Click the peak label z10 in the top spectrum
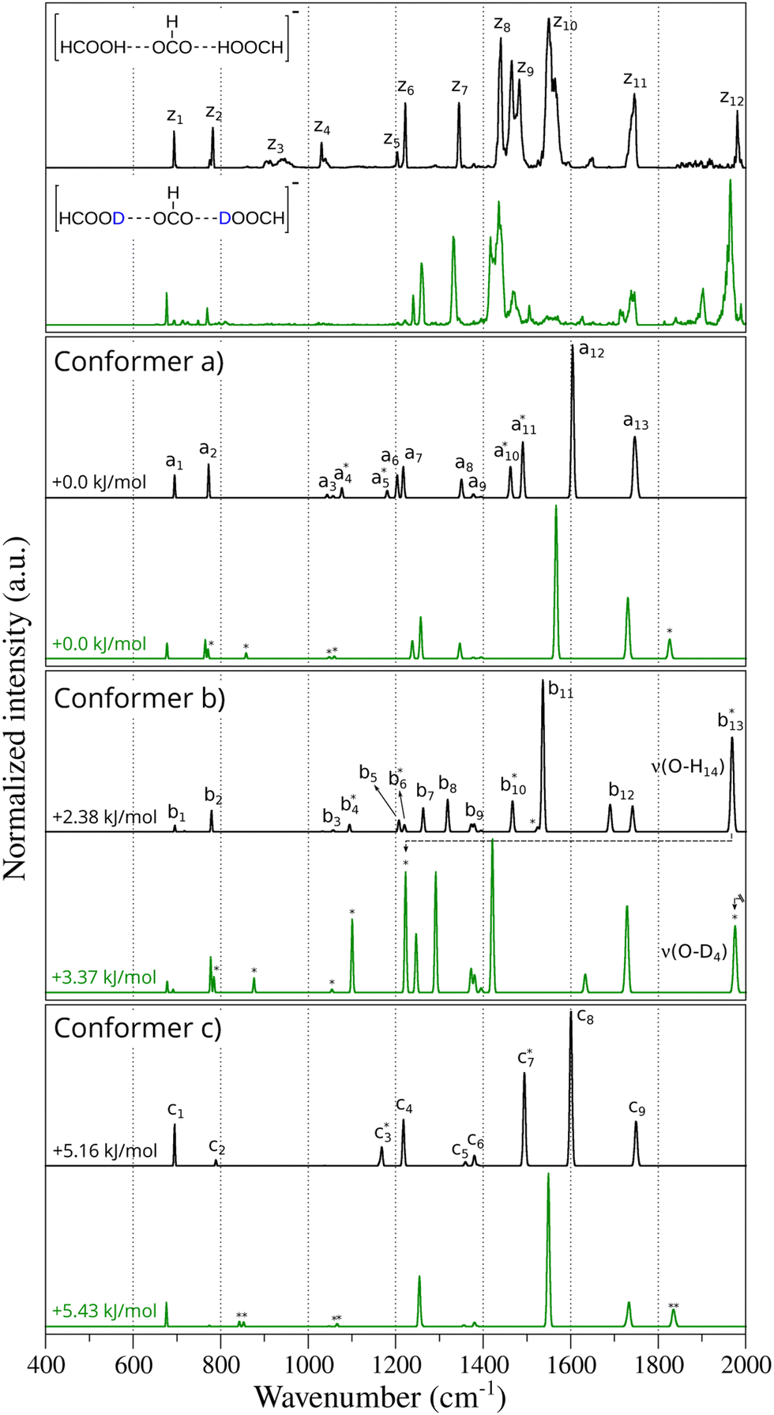[x=565, y=24]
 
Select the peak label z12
[x=731, y=100]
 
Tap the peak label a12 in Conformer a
[x=592, y=351]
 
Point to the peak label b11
[x=561, y=691]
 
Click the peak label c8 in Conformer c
[x=585, y=1017]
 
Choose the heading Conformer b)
[x=139, y=698]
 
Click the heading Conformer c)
[x=137, y=1028]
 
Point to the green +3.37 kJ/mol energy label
[x=104, y=977]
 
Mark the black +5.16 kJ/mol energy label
[x=104, y=1151]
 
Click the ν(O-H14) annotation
[x=687, y=766]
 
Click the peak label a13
[x=636, y=423]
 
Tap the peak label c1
[x=175, y=1111]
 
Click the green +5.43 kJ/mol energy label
[x=104, y=1312]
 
